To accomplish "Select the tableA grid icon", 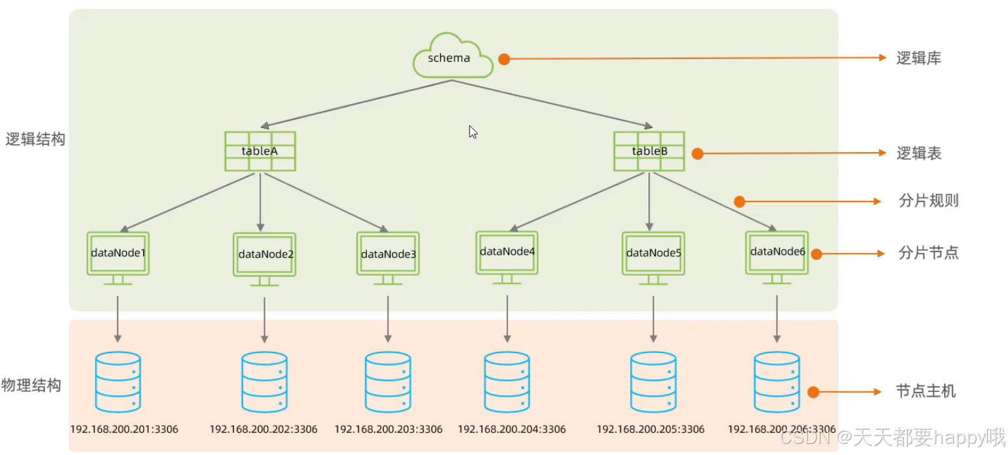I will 260,151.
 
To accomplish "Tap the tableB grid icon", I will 649,151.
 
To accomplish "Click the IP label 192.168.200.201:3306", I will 124,429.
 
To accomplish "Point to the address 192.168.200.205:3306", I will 650,429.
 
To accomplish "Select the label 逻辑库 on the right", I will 918,58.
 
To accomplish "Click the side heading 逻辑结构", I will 35,139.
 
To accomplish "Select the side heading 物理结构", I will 32,385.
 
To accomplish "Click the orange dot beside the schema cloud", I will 503,59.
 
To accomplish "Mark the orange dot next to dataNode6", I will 816,254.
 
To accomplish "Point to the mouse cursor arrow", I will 473,132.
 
